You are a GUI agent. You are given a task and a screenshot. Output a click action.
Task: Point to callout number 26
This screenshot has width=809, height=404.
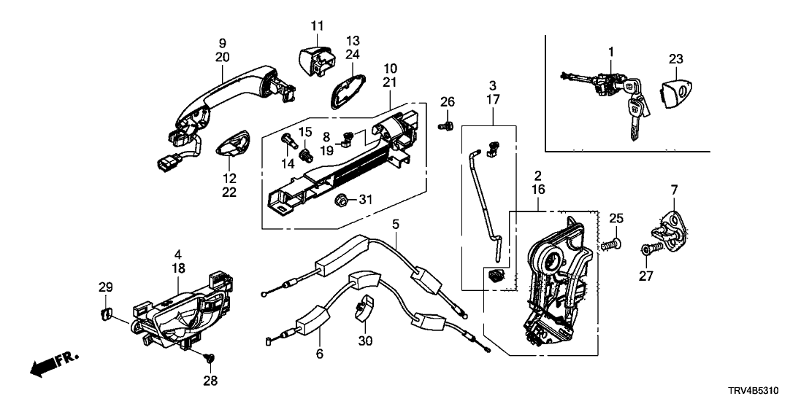pos(447,101)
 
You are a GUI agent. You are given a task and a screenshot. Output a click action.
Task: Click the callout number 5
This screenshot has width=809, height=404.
pos(394,225)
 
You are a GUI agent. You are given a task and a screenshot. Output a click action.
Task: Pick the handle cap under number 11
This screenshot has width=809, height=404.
pos(316,58)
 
